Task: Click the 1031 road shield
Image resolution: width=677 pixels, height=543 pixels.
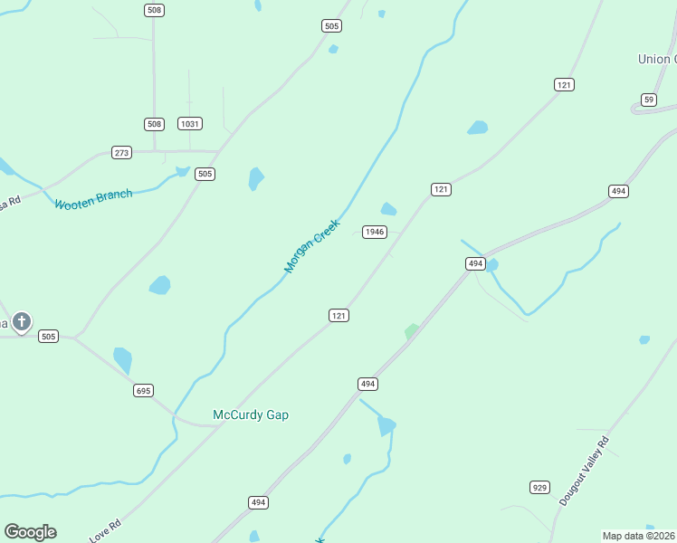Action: coord(189,124)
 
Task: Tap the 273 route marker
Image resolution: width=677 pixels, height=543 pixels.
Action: coord(121,152)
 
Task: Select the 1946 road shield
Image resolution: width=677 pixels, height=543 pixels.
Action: coord(375,232)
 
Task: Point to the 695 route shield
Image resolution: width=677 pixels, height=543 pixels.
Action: coord(143,390)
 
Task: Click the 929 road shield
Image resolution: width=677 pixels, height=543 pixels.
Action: coord(540,488)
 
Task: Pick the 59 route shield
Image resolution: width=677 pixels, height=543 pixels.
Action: coord(648,100)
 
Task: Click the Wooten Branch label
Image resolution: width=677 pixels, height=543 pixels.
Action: coord(93,199)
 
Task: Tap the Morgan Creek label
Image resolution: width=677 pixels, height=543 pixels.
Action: coord(311,246)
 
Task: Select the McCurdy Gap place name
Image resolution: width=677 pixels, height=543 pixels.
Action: coord(250,414)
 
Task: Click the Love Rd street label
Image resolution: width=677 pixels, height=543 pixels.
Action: coord(105,531)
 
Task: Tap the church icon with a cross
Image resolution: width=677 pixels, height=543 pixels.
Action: coord(22,321)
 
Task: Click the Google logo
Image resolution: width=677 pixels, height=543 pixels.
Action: coord(30,532)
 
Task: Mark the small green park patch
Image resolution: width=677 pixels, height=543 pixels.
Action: coord(412,332)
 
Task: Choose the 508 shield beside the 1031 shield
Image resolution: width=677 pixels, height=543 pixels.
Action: coord(154,124)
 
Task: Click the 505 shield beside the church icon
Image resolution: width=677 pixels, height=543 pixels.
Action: coord(49,337)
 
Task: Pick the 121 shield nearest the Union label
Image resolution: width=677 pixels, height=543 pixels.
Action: coord(565,84)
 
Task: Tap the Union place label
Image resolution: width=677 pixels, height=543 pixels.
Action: coord(656,59)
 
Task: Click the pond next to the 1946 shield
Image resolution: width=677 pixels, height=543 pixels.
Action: coord(388,210)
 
